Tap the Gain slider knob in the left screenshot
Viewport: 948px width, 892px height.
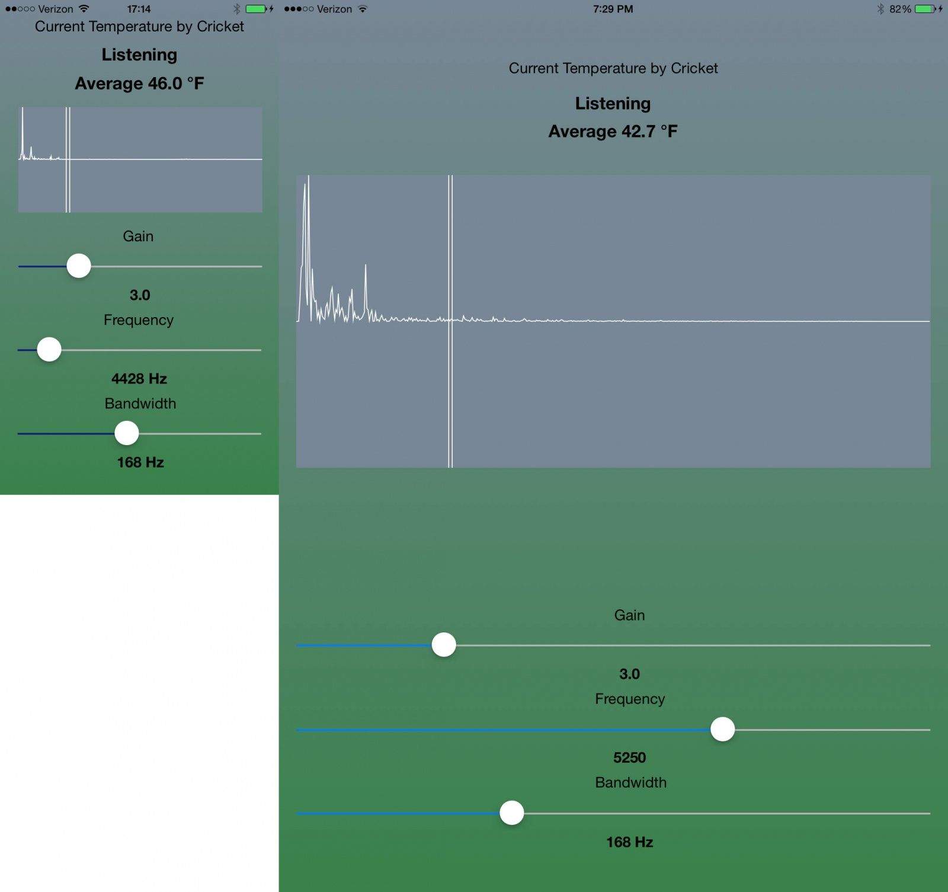point(79,266)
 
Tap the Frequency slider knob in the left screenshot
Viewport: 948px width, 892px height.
point(49,350)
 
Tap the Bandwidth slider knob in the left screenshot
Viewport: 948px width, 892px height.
point(126,433)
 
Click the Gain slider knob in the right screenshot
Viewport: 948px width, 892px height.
point(444,645)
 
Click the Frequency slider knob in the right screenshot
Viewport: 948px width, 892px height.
point(722,729)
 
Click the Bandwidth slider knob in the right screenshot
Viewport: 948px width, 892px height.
point(511,813)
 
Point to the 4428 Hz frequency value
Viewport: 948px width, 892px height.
point(139,379)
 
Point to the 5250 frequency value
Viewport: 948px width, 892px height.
point(629,757)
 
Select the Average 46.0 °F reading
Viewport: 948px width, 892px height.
point(139,84)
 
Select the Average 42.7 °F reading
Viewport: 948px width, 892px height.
point(613,132)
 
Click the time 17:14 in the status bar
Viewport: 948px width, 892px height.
point(139,9)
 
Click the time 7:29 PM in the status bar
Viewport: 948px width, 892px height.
point(613,9)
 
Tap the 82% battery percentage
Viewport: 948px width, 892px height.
point(900,9)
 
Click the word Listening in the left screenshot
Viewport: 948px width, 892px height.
point(139,55)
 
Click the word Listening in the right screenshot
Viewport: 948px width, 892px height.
point(613,104)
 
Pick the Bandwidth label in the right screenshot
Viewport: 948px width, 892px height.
point(630,782)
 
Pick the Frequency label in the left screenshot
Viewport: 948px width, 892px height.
point(139,320)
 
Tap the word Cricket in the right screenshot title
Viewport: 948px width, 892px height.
point(694,68)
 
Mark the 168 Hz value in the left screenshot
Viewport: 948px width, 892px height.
point(140,462)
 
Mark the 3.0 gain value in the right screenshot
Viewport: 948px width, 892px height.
point(629,674)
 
